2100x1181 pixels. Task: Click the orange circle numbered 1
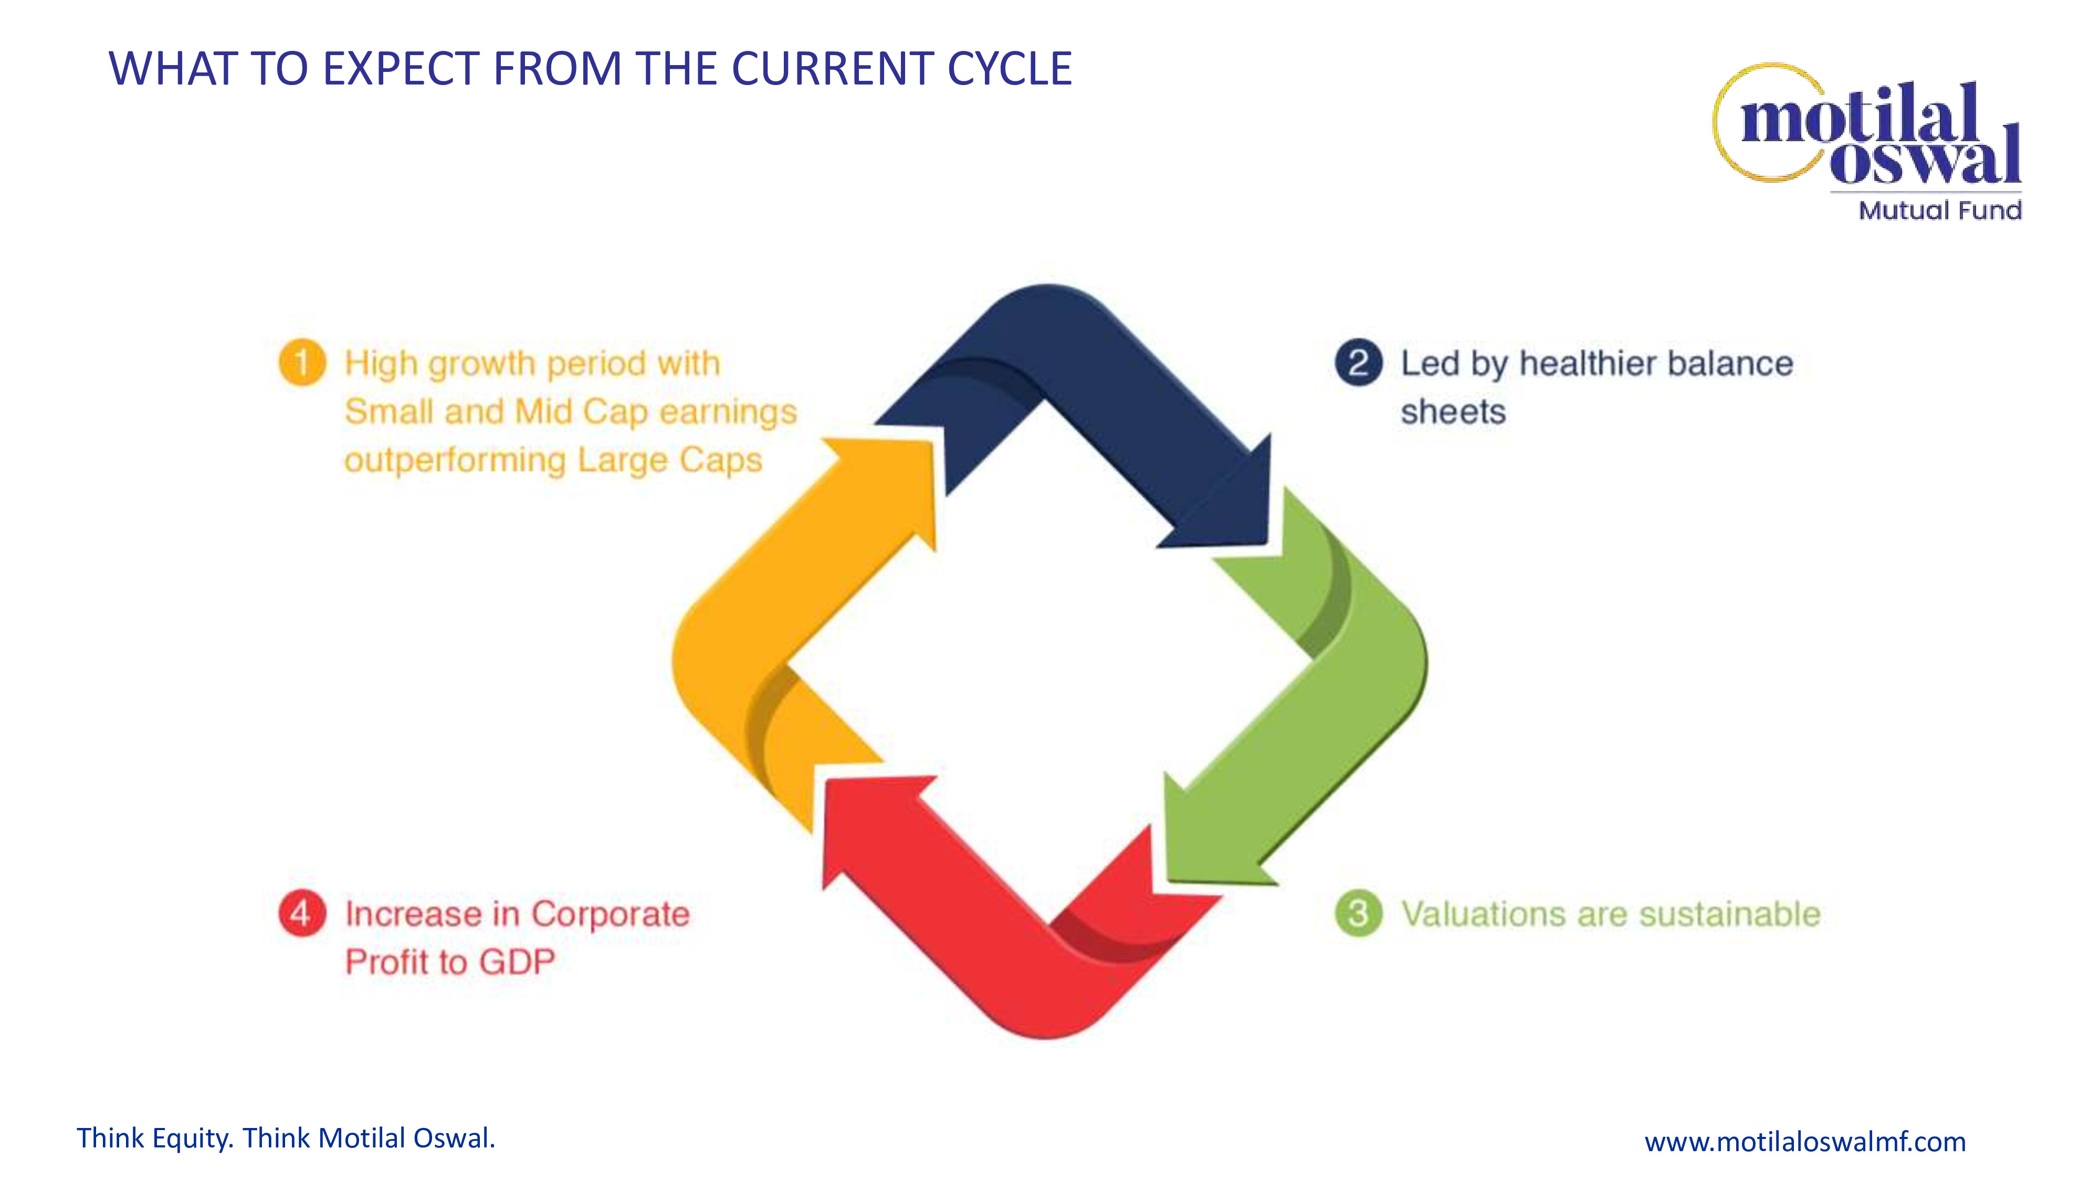point(302,363)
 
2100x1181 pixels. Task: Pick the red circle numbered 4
point(302,914)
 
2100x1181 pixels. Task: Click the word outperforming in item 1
point(455,460)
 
